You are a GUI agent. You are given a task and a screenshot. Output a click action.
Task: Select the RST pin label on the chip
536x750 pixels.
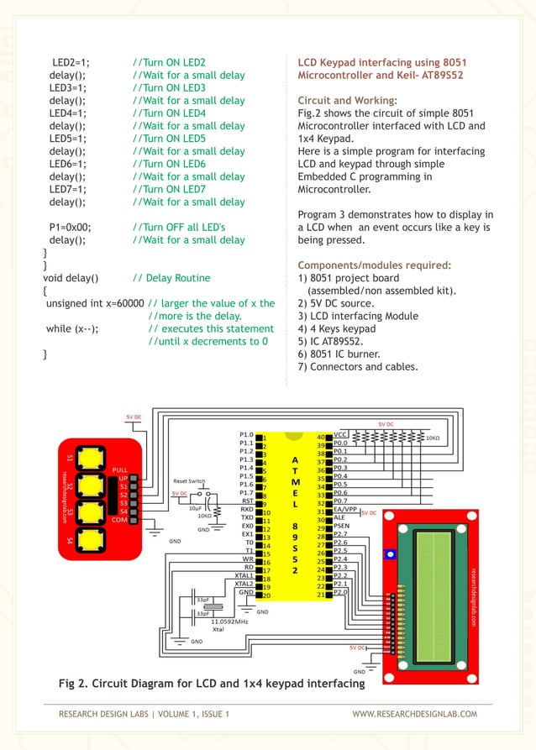[x=247, y=501]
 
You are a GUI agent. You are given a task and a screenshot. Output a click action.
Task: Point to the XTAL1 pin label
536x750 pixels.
[x=244, y=576]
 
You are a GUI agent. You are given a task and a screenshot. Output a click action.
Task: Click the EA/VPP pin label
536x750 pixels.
[x=346, y=510]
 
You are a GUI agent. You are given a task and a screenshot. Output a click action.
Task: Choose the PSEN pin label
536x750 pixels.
[x=341, y=527]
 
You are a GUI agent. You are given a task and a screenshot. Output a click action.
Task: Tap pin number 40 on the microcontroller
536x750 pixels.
[x=321, y=436]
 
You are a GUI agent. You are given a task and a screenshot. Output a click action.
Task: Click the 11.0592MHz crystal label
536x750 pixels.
[x=229, y=622]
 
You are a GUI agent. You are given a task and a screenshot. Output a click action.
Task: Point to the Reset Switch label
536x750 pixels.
[x=189, y=481]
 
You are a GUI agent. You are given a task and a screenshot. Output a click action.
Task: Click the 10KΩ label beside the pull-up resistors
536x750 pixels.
[x=433, y=438]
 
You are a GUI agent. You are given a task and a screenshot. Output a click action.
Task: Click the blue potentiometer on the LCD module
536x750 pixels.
[x=388, y=555]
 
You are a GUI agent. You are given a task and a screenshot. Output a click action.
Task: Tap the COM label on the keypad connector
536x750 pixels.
[x=121, y=520]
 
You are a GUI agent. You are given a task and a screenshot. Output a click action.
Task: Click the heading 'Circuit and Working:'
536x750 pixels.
[x=348, y=101]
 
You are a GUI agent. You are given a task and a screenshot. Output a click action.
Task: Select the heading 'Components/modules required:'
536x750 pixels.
[x=375, y=265]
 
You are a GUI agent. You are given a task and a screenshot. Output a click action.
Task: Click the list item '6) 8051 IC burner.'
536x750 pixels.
[x=345, y=354]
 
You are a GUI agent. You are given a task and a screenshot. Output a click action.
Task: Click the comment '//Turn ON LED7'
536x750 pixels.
[x=169, y=189]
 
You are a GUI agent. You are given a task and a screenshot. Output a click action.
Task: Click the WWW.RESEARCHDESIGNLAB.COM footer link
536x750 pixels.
[x=414, y=714]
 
